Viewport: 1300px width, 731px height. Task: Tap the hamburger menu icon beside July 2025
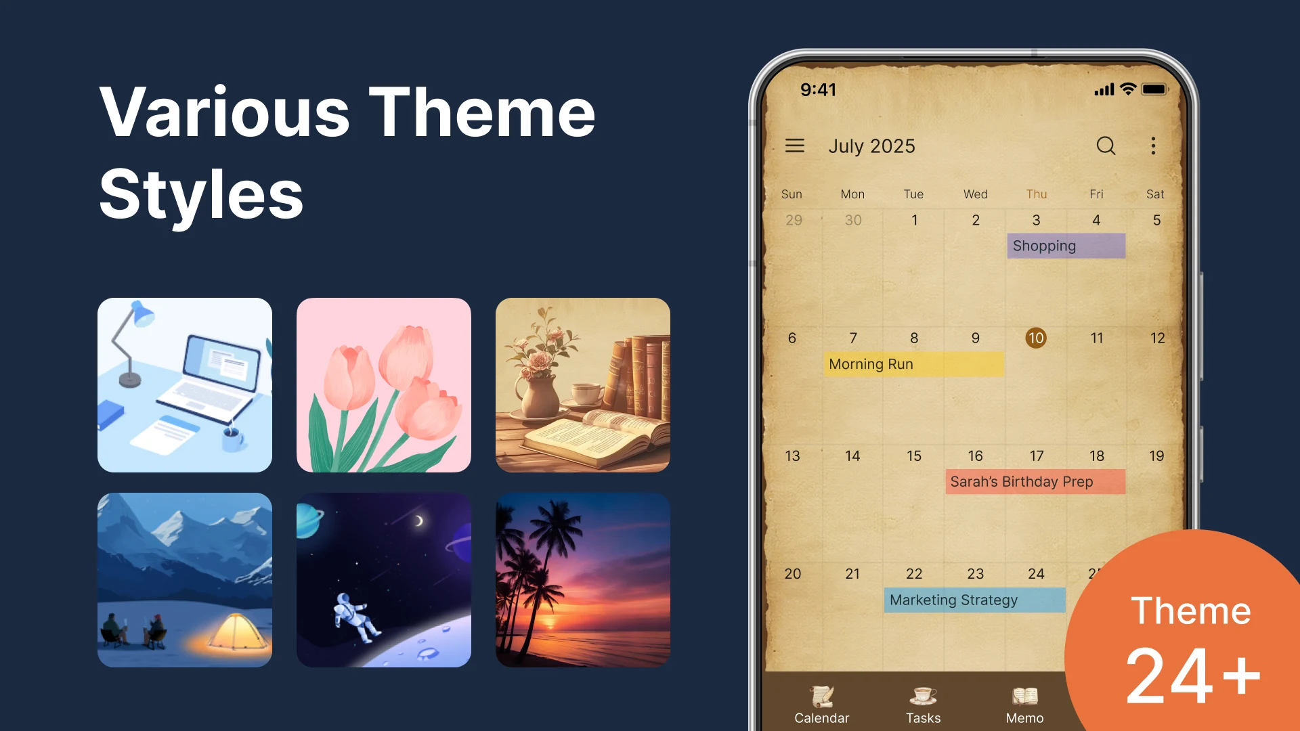tap(795, 146)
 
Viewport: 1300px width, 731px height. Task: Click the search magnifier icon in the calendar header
tap(1106, 146)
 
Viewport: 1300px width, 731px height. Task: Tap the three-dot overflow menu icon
tap(1153, 146)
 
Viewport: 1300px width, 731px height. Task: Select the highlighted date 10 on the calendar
tap(1036, 338)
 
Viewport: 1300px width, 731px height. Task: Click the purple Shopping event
tap(1066, 246)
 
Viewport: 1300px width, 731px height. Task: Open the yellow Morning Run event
tap(914, 364)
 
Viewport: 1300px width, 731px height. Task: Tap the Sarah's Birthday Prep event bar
tap(1035, 482)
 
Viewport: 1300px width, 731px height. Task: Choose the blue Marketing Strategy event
tap(975, 600)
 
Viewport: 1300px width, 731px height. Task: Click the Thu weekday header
tap(1037, 194)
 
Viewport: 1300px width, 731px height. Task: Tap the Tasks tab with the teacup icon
tap(924, 705)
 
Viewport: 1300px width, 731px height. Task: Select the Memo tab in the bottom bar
tap(1024, 705)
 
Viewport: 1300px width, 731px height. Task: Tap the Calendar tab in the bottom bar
tap(821, 705)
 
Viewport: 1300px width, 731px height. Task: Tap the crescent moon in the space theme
tap(419, 520)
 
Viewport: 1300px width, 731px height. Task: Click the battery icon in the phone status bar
tap(1154, 89)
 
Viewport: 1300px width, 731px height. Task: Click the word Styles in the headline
tap(201, 194)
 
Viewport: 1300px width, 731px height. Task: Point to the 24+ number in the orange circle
tap(1192, 675)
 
